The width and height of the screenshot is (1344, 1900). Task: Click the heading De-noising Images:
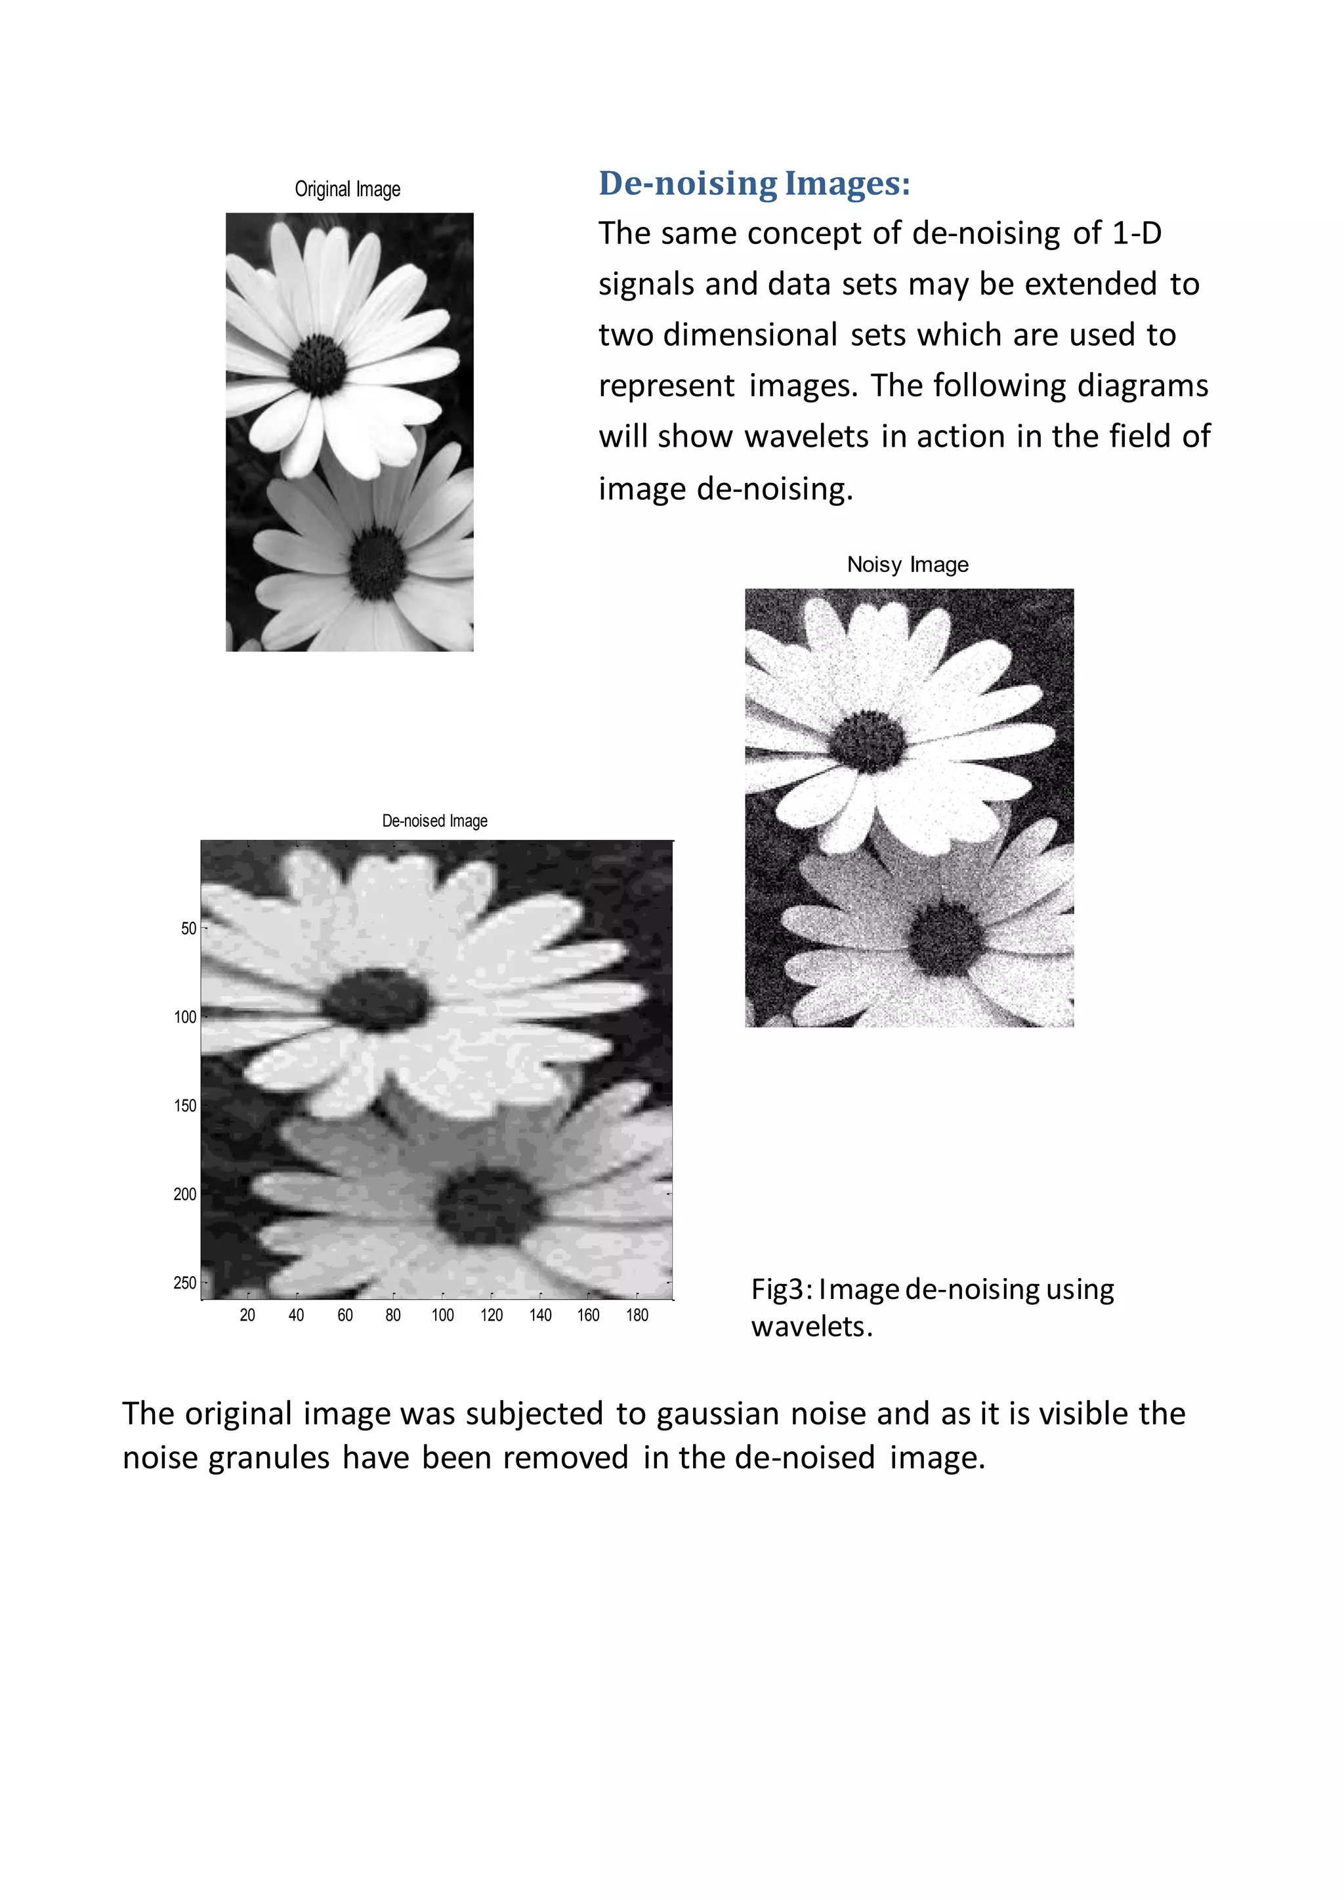point(754,184)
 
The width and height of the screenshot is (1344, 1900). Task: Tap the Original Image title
point(348,190)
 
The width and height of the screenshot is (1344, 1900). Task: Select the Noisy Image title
point(907,564)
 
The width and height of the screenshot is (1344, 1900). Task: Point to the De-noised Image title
point(434,821)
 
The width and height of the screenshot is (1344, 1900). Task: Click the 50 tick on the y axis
point(189,928)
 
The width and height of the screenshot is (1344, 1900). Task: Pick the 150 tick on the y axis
point(185,1105)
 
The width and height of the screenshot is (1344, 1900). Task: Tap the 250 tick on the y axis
point(185,1283)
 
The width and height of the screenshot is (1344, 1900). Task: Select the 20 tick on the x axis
point(247,1315)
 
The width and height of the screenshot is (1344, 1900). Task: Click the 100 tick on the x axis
point(443,1315)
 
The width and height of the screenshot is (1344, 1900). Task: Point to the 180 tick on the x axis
point(637,1315)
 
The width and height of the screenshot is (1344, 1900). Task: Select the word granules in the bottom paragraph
point(269,1457)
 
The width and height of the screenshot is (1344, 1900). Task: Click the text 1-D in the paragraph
point(1136,234)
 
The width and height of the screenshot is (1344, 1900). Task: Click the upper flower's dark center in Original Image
point(319,365)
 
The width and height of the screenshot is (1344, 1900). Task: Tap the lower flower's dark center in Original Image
point(377,564)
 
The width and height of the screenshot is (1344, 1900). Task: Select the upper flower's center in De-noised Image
point(377,1000)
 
